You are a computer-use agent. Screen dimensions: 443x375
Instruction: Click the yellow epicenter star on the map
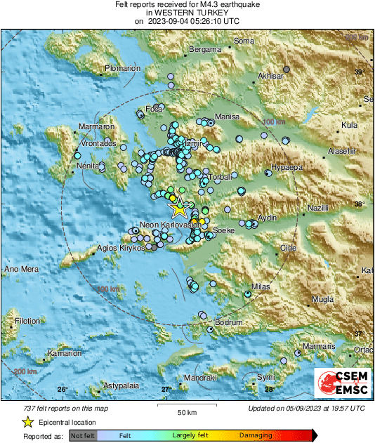[x=179, y=207]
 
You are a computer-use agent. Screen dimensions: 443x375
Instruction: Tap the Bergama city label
[x=205, y=50]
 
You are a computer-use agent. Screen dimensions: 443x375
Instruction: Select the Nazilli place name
[x=322, y=209]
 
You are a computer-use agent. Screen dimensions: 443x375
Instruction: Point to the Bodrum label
[x=228, y=322]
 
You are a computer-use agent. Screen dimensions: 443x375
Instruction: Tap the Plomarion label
[x=124, y=68]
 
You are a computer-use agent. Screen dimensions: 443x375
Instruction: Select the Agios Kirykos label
[x=121, y=248]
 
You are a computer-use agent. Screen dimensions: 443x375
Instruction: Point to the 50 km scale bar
[x=186, y=407]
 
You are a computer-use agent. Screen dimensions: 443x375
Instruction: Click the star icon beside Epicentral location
[x=27, y=422]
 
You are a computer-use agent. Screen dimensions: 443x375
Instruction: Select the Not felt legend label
[x=83, y=435]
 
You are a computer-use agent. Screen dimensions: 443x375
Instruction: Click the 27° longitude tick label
[x=166, y=389]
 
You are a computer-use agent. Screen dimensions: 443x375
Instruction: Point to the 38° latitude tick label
[x=360, y=205]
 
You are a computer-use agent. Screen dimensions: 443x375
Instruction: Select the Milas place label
[x=261, y=286]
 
